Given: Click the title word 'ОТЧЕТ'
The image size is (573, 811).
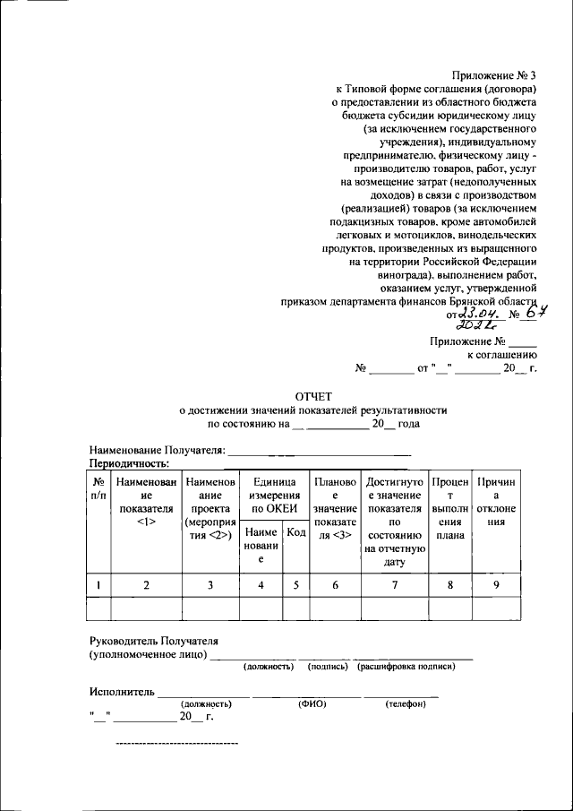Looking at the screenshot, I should click(x=313, y=394).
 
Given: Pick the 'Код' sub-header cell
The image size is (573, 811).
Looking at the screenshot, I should click(x=295, y=533).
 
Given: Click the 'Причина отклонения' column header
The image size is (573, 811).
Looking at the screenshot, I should click(x=496, y=502).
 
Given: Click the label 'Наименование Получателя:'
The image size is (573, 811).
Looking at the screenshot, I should click(x=158, y=450).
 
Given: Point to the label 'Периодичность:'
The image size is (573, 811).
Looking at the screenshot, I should click(x=130, y=463).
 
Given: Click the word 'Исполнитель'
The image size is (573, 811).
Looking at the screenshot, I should click(x=122, y=692).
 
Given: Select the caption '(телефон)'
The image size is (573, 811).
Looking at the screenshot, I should click(x=406, y=703).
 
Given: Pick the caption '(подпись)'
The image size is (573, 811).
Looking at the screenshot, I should click(x=328, y=667).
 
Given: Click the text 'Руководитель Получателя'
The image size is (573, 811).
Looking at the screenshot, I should click(x=153, y=642).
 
